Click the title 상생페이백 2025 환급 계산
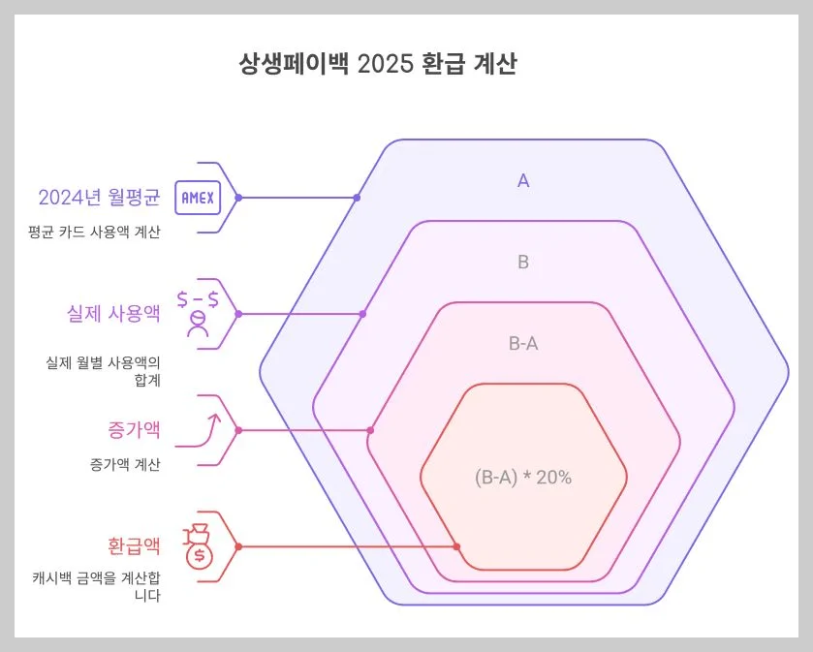point(378,66)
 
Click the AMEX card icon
point(198,198)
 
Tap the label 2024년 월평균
point(99,198)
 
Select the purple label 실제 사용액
point(109,314)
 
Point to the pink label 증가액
point(134,429)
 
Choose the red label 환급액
point(134,546)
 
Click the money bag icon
point(200,547)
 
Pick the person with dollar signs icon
point(198,313)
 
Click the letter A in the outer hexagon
point(523,180)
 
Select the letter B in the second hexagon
point(523,262)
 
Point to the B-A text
point(523,343)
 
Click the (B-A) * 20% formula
point(523,478)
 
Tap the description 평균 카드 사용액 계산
point(94,233)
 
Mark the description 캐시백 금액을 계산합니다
point(97,586)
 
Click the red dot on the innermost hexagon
point(456,546)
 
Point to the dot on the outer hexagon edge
point(357,198)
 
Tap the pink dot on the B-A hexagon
point(370,430)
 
